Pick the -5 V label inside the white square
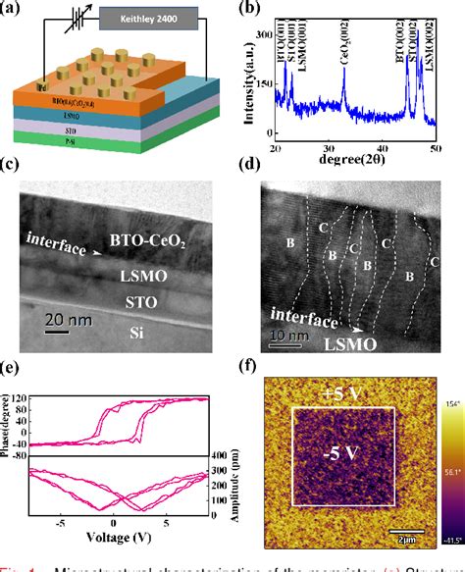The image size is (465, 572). (338, 454)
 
